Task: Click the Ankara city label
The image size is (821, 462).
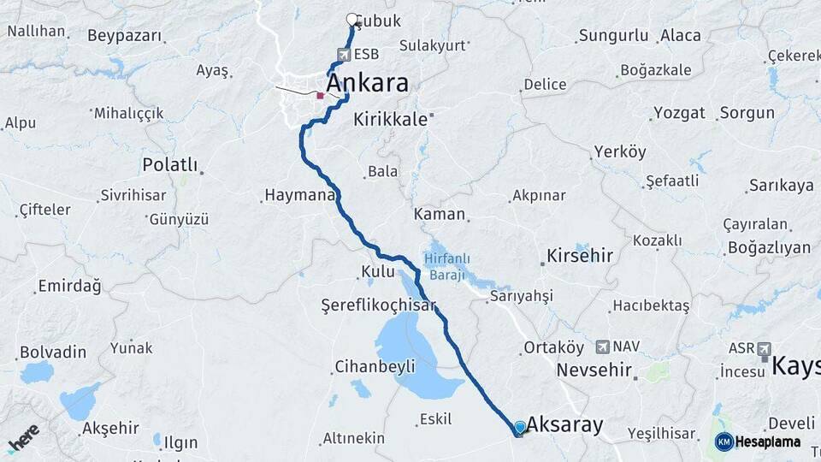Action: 367,83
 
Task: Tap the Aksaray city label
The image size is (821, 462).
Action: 564,424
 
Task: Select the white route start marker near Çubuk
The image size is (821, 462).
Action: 351,20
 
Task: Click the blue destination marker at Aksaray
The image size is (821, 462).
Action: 519,427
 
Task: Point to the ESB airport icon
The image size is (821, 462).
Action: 343,55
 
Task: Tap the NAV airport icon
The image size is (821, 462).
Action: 604,346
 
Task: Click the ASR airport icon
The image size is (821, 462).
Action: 763,349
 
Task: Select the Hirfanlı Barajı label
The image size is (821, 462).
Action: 445,266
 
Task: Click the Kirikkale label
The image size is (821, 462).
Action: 390,120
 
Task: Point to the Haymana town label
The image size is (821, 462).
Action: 298,196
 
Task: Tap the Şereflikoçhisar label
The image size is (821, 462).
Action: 378,305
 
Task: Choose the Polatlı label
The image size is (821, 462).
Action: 169,164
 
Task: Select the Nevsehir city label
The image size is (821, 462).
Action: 594,370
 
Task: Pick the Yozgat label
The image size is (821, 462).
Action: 679,113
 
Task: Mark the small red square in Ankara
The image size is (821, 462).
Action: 320,96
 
